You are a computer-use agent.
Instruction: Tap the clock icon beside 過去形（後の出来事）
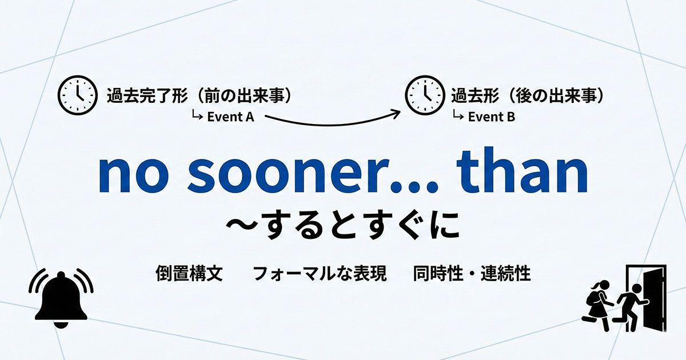click(425, 95)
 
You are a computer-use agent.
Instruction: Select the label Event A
click(230, 117)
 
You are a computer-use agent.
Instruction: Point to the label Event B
click(491, 117)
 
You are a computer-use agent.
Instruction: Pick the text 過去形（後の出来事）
click(528, 95)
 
